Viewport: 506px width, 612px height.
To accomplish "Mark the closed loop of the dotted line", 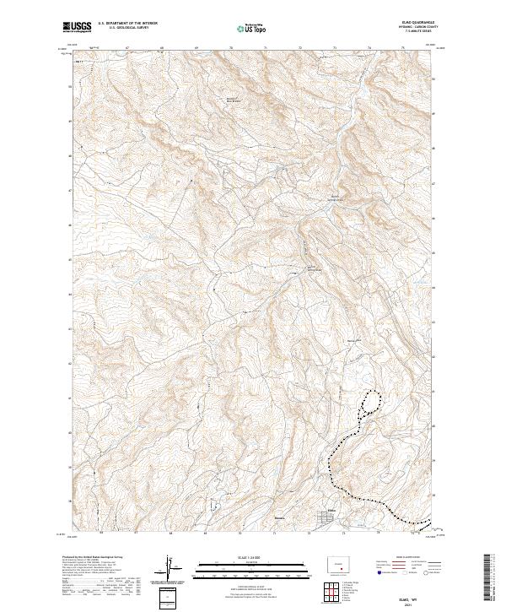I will point(369,403).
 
